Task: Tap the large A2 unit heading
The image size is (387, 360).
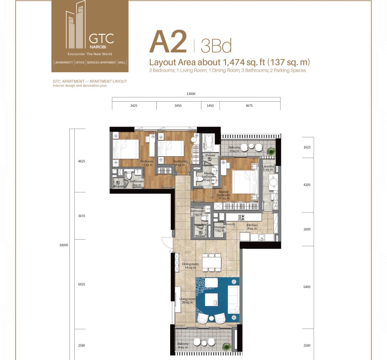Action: tap(168, 42)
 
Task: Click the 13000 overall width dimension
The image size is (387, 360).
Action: tap(191, 94)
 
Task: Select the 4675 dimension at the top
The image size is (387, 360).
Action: tap(249, 106)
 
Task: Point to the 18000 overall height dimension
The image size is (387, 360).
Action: tap(64, 245)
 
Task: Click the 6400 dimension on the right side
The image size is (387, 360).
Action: tap(307, 287)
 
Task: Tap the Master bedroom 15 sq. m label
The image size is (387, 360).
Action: tap(224, 195)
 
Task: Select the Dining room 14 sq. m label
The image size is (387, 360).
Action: tap(190, 266)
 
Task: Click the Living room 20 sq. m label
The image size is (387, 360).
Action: tap(187, 301)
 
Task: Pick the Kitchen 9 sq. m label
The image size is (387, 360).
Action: tap(252, 227)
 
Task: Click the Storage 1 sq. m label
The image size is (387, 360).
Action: tap(219, 229)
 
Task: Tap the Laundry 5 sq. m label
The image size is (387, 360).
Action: tap(268, 168)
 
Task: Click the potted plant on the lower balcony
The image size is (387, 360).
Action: tap(226, 346)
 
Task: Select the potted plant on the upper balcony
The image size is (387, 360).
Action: tap(271, 151)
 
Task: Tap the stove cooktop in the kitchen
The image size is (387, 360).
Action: tap(241, 217)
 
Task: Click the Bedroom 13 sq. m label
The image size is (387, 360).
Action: tap(147, 163)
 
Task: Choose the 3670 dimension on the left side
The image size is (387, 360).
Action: tap(82, 216)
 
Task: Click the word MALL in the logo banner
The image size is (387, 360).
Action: tap(122, 62)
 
